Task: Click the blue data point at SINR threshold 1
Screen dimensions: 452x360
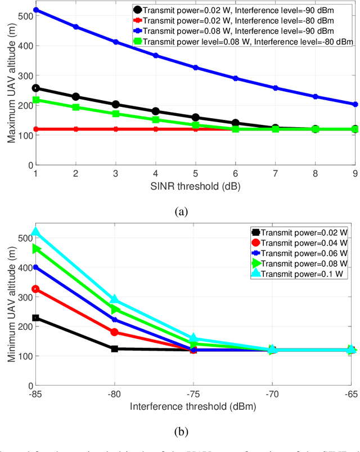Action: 36,10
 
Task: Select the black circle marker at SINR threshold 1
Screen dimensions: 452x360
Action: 36,88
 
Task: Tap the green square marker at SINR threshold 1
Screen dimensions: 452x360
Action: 36,100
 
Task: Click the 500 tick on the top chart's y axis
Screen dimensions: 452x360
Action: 22,16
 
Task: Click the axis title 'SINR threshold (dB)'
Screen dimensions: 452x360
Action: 195,186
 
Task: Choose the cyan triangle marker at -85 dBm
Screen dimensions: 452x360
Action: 36,231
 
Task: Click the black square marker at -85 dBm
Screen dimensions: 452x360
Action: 36,318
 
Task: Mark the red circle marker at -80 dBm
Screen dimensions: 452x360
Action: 115,332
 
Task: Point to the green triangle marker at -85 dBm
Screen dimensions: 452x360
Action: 36,249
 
